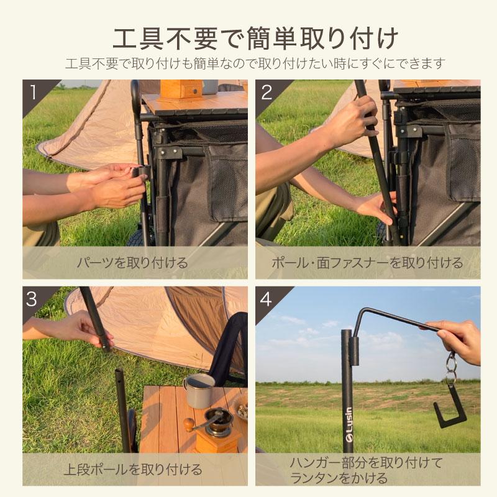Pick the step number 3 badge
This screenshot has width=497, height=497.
[x=33, y=299]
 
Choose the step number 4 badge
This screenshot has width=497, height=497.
[x=267, y=299]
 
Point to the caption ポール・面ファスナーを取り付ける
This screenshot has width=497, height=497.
[x=367, y=263]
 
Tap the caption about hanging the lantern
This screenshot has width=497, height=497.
[x=367, y=470]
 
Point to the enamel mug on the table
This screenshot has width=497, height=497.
[x=199, y=390]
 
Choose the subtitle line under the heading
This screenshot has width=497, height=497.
[x=248, y=63]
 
